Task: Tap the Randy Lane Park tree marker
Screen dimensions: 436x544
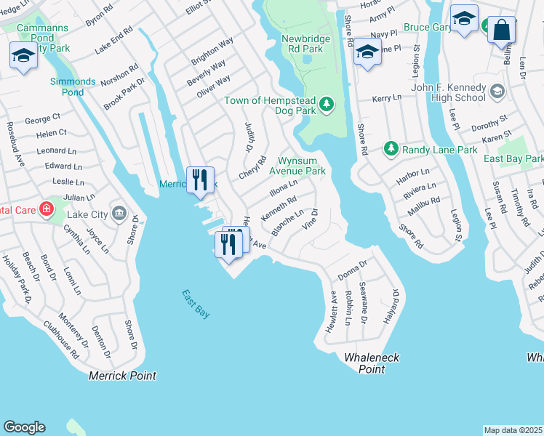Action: click(x=391, y=149)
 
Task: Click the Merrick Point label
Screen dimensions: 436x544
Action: click(x=122, y=376)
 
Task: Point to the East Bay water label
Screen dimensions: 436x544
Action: click(x=196, y=303)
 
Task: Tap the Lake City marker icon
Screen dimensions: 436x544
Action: click(x=120, y=214)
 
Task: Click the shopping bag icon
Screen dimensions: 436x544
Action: click(x=501, y=31)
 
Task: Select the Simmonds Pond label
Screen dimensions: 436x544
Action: click(x=67, y=87)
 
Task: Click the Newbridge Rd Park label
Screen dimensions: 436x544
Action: click(x=303, y=44)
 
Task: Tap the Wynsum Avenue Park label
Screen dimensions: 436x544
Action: click(x=301, y=166)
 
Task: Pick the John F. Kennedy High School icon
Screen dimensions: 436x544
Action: click(x=497, y=92)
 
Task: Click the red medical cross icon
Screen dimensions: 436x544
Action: click(x=47, y=209)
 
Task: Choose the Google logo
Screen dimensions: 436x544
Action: click(x=24, y=427)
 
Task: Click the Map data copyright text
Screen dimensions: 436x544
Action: click(x=513, y=430)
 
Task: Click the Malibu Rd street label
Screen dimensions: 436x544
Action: click(x=426, y=204)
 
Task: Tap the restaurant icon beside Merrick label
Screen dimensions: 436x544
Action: click(x=199, y=179)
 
